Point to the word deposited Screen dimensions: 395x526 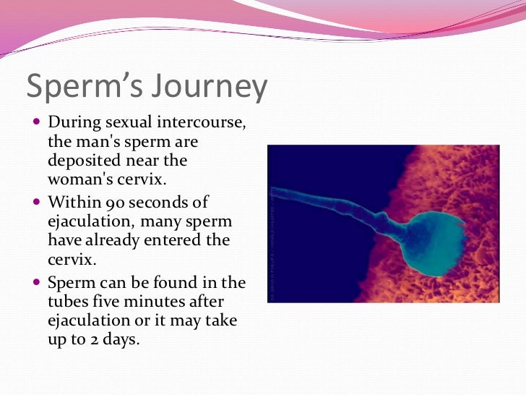[82, 160]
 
